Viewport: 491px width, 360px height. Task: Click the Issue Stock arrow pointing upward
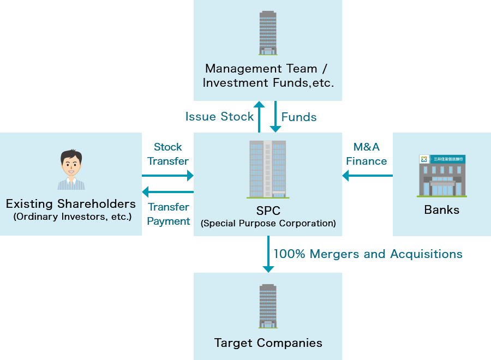(x=259, y=116)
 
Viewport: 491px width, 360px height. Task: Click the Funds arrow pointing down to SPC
(x=276, y=116)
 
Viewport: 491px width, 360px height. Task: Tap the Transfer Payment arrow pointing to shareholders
(x=168, y=192)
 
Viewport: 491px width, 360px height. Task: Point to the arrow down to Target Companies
(x=268, y=254)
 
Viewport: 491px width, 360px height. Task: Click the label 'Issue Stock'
(x=219, y=117)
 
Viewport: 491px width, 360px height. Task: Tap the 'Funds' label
(x=299, y=117)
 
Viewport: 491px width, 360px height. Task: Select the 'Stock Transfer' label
(x=168, y=154)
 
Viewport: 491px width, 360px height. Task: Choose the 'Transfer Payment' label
(x=169, y=214)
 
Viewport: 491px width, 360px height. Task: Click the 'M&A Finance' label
(x=366, y=154)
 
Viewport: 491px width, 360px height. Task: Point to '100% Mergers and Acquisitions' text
(x=368, y=254)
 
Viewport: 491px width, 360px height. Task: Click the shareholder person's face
(x=70, y=163)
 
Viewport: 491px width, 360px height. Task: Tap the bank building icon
(x=442, y=176)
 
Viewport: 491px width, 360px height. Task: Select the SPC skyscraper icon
(x=267, y=169)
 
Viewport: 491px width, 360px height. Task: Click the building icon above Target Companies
(x=268, y=306)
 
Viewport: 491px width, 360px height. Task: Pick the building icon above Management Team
(x=268, y=33)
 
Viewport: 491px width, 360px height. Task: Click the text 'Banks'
(x=441, y=210)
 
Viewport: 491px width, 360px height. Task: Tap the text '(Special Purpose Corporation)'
(x=268, y=223)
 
